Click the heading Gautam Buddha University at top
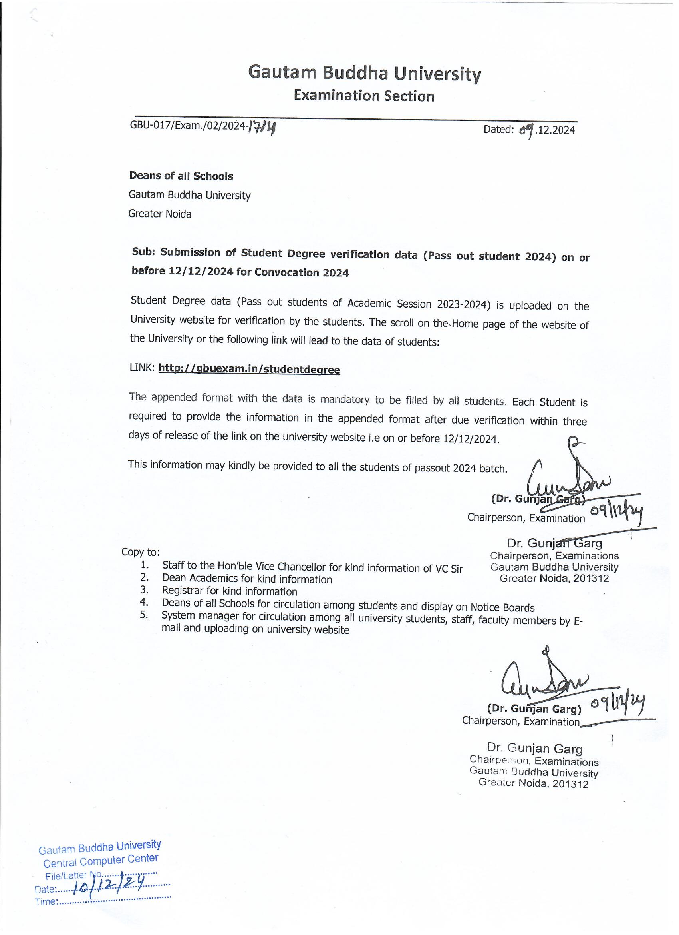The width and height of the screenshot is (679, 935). [364, 73]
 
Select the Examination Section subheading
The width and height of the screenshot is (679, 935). [364, 96]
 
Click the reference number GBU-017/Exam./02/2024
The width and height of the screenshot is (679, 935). [188, 125]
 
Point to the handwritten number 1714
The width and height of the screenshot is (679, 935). [262, 129]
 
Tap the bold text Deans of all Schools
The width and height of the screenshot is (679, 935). [181, 176]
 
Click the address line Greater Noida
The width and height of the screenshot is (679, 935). [160, 214]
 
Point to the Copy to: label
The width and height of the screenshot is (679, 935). [141, 552]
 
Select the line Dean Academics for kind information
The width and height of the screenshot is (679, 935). [247, 579]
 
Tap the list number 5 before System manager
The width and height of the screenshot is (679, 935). [144, 617]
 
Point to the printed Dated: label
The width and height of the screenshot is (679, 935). [498, 130]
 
